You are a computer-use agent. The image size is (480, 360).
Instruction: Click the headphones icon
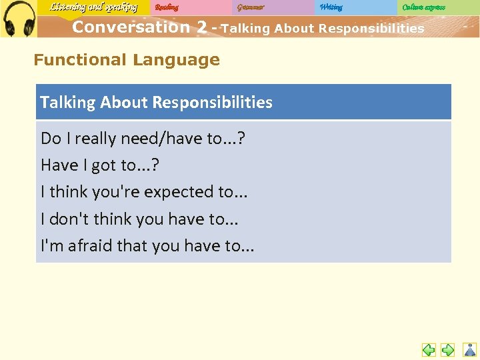(18, 19)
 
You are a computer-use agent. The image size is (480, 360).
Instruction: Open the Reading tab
(167, 8)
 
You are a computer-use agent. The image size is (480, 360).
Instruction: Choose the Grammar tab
(250, 8)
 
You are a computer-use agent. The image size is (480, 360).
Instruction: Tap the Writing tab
(331, 8)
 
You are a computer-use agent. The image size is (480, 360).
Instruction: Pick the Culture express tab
(424, 8)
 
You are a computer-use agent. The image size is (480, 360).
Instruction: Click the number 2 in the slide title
(201, 27)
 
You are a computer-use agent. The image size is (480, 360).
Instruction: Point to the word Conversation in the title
(131, 27)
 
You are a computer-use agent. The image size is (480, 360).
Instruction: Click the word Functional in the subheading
(79, 60)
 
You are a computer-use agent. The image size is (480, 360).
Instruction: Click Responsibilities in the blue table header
(212, 103)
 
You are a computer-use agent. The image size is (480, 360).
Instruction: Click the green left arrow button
(429, 349)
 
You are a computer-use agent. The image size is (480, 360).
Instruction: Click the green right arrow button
(448, 349)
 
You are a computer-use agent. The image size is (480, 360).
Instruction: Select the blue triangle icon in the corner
(470, 349)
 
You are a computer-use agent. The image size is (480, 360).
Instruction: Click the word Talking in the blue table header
(68, 103)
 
